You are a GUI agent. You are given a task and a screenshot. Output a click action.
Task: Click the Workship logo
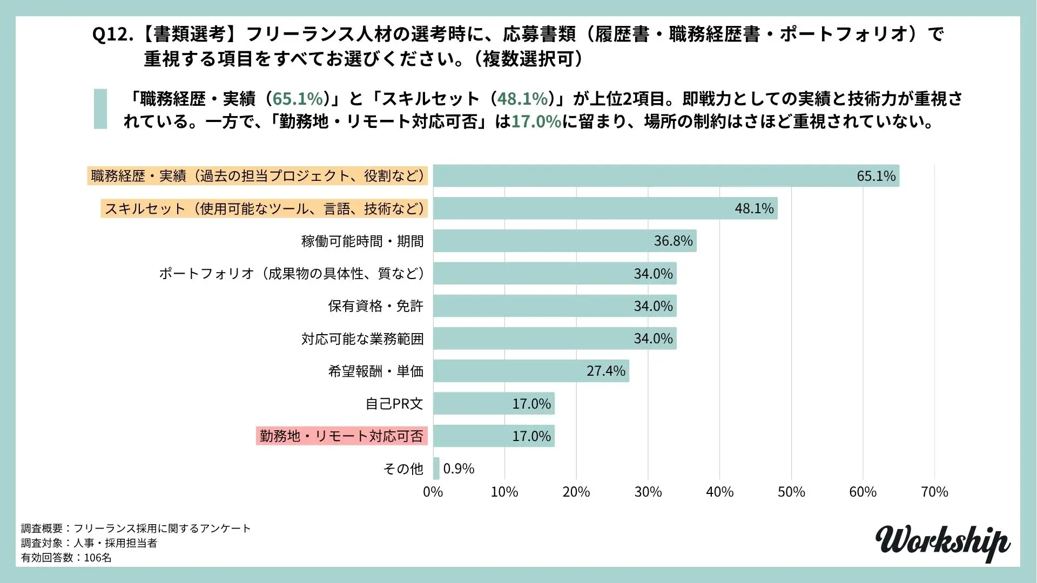pyautogui.click(x=942, y=542)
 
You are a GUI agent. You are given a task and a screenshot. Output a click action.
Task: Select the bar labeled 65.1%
pyautogui.click(x=665, y=176)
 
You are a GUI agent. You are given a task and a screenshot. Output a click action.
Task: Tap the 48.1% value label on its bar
pyautogui.click(x=754, y=208)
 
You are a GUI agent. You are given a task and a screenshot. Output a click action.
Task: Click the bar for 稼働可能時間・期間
pyautogui.click(x=564, y=241)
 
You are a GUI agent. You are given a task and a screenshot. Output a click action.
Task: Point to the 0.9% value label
pyautogui.click(x=459, y=469)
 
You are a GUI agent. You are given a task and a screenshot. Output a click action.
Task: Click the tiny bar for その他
pyautogui.click(x=436, y=469)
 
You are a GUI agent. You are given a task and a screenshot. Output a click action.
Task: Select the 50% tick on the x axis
pyautogui.click(x=791, y=492)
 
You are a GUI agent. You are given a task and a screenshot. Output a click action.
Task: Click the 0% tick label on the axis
pyautogui.click(x=433, y=492)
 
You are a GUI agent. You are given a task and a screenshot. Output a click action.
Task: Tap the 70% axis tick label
pyautogui.click(x=934, y=492)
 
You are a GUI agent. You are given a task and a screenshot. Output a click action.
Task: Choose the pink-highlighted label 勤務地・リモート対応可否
pyautogui.click(x=341, y=436)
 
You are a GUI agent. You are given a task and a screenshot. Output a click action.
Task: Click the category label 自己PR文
pyautogui.click(x=394, y=404)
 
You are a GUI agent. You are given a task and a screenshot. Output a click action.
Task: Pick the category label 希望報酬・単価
pyautogui.click(x=375, y=371)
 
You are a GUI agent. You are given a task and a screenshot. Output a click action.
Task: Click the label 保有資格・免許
pyautogui.click(x=375, y=306)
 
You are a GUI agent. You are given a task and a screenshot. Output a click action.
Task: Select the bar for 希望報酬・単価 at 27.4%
pyautogui.click(x=531, y=371)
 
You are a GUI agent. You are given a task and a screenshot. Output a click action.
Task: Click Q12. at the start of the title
pyautogui.click(x=112, y=35)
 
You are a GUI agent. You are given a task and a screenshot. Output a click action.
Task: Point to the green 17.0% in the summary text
pyautogui.click(x=536, y=121)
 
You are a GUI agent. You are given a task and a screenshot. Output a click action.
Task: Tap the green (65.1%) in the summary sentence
pyautogui.click(x=298, y=99)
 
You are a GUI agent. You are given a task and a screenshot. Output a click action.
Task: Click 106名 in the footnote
pyautogui.click(x=98, y=558)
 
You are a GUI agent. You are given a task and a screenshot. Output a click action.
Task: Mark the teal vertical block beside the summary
pyautogui.click(x=100, y=109)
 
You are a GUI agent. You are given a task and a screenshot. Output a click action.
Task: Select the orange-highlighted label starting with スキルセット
pyautogui.click(x=264, y=208)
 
